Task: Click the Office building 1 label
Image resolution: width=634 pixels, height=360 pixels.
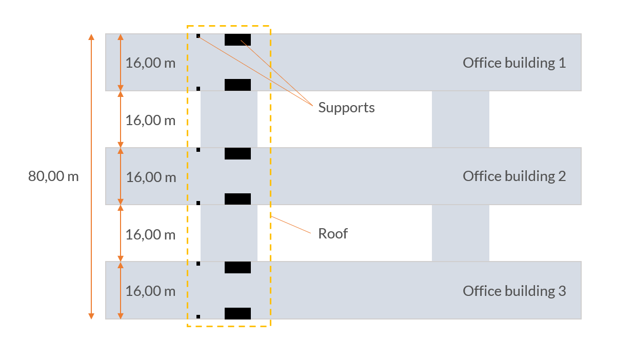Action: (514, 63)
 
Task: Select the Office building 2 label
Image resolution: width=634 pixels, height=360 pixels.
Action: (514, 176)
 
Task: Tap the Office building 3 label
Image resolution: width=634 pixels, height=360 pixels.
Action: (514, 291)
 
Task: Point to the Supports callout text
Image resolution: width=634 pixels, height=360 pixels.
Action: (346, 107)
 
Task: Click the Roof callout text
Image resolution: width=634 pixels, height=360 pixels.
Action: (333, 233)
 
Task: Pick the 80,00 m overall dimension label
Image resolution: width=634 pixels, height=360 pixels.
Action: (53, 176)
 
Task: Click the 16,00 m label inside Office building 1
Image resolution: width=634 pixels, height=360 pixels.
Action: (150, 63)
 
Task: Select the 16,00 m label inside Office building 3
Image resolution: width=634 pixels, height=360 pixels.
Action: (150, 291)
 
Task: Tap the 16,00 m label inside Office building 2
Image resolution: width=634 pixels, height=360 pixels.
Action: (150, 177)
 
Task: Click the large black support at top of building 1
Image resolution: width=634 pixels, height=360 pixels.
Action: (237, 39)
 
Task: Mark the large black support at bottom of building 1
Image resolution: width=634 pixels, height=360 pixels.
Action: (237, 85)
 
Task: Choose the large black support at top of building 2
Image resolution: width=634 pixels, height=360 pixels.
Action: (237, 153)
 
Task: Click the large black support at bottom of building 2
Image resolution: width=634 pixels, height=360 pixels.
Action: (237, 199)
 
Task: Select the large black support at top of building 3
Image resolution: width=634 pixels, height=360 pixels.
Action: (237, 267)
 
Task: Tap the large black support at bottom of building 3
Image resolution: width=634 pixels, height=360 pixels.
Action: (237, 313)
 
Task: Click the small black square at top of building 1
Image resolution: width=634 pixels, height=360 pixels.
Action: (198, 36)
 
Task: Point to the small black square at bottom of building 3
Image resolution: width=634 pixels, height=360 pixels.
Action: (198, 317)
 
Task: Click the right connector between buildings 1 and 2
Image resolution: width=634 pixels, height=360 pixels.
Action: (460, 119)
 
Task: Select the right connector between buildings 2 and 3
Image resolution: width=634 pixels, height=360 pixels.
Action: (460, 233)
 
